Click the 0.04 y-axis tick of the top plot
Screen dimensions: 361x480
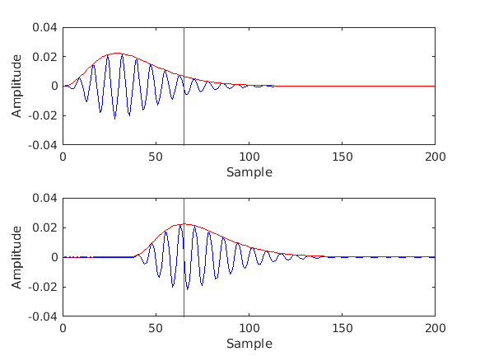tap(45, 27)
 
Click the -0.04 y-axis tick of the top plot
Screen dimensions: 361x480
tap(44, 145)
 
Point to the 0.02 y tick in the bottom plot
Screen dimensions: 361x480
tap(45, 227)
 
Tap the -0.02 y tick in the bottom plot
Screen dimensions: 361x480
tap(44, 287)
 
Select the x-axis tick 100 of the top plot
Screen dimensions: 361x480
tap(249, 156)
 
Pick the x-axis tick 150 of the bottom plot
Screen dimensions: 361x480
tap(342, 327)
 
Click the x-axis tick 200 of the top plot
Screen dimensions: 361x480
tap(435, 156)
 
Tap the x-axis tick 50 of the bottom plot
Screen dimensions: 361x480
tap(156, 327)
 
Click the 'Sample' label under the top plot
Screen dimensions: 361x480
tap(249, 171)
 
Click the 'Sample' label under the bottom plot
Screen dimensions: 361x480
tap(249, 343)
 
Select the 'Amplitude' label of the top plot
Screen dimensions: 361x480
tap(17, 86)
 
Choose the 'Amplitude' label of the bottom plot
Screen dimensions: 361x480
tap(17, 257)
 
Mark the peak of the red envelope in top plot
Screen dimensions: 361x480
tap(117, 53)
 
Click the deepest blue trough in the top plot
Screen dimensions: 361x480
tap(114, 119)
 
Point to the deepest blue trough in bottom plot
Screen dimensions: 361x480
tap(187, 289)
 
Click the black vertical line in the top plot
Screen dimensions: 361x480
tap(184, 115)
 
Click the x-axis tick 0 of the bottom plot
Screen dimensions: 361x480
tap(63, 327)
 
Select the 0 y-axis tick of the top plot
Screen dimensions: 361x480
tap(54, 86)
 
